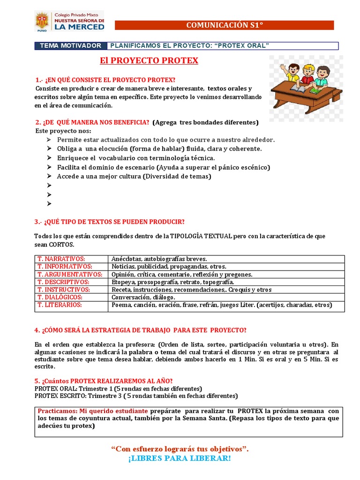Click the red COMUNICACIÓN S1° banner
click(x=225, y=25)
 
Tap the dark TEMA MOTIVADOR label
click(x=71, y=45)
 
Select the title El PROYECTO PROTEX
click(x=149, y=60)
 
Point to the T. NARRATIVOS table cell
click(x=61, y=259)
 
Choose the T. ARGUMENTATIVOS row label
click(x=70, y=274)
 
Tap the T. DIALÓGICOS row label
click(x=60, y=297)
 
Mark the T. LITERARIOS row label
click(x=60, y=305)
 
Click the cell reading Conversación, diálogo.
click(x=143, y=297)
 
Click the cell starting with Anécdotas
click(x=159, y=259)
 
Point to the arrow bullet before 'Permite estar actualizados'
click(x=50, y=140)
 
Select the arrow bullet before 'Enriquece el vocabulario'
click(x=50, y=158)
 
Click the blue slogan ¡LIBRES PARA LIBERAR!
click(x=180, y=458)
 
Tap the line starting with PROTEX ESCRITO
click(x=136, y=396)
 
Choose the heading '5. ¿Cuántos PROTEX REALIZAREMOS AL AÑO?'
click(x=107, y=381)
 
